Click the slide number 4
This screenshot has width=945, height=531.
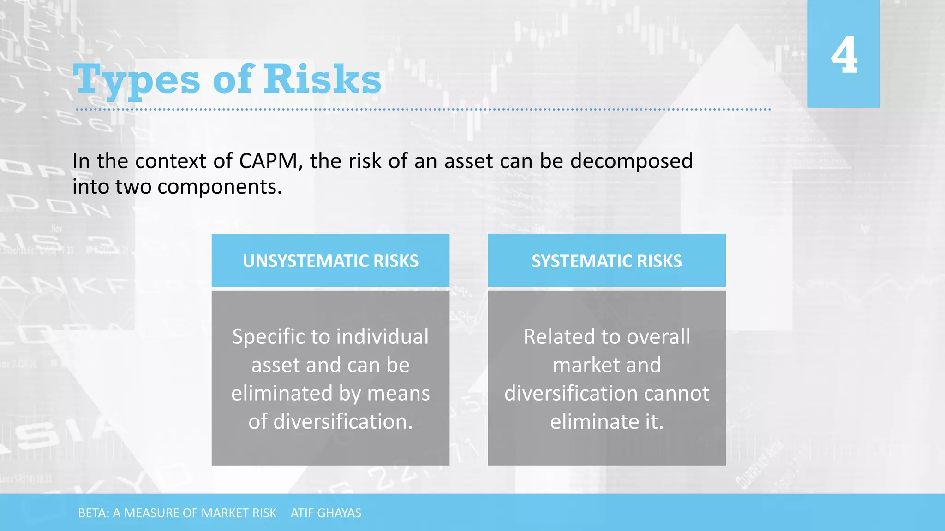pos(844,55)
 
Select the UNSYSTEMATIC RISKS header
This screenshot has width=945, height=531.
pos(330,261)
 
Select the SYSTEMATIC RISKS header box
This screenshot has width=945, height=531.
pos(606,261)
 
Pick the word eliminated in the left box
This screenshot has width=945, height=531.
pos(281,394)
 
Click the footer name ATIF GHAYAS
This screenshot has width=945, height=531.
pos(326,513)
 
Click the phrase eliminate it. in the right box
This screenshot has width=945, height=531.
pos(606,422)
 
